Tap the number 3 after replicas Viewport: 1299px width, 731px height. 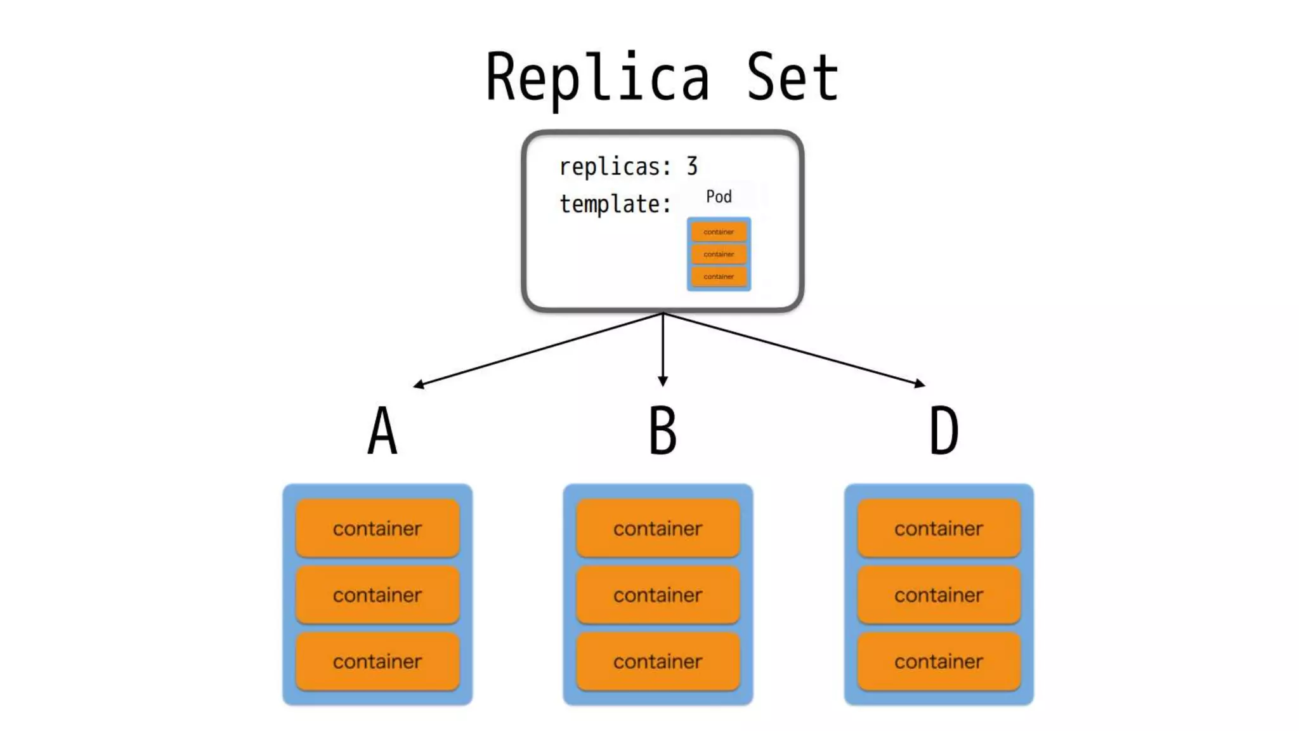pyautogui.click(x=691, y=166)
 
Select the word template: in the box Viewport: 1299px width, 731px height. pyautogui.click(x=615, y=204)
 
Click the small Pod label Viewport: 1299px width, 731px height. pyautogui.click(x=719, y=197)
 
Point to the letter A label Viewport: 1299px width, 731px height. pyautogui.click(x=382, y=431)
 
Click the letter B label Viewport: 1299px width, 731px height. pyautogui.click(x=663, y=431)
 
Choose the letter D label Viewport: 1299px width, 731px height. pyautogui.click(x=944, y=431)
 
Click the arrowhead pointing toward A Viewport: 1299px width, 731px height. pyautogui.click(x=419, y=384)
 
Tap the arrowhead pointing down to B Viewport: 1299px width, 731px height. pyautogui.click(x=663, y=381)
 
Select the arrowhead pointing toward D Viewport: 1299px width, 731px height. pyautogui.click(x=920, y=383)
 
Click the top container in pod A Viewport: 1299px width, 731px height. pyautogui.click(x=377, y=528)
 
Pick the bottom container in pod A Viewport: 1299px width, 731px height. pyautogui.click(x=377, y=661)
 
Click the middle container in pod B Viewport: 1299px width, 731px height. pyautogui.click(x=658, y=595)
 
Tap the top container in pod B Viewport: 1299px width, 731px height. pyautogui.click(x=658, y=528)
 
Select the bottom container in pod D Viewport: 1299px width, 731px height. pyautogui.click(x=939, y=661)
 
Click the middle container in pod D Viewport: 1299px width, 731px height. pyautogui.click(x=939, y=595)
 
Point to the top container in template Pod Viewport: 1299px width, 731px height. pyautogui.click(x=719, y=232)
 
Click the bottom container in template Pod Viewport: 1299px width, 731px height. pyautogui.click(x=719, y=277)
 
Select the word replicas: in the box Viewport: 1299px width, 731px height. pyautogui.click(x=615, y=167)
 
